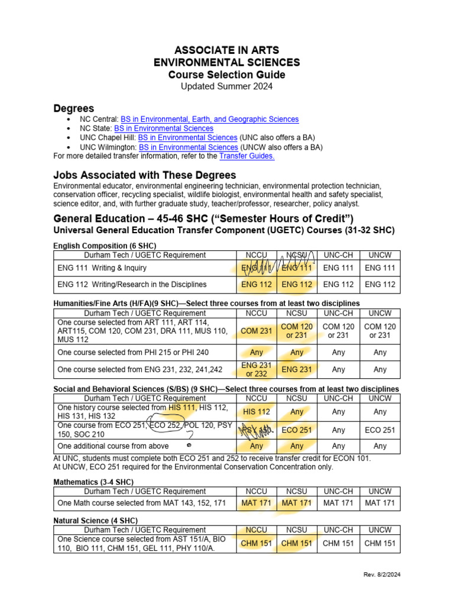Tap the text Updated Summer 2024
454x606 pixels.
[226, 87]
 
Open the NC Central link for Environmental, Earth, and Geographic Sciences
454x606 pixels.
[209, 119]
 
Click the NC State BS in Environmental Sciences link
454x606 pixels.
[164, 128]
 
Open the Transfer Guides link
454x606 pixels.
[247, 156]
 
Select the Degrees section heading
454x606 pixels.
[74, 108]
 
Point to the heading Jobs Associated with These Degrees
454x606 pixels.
[144, 175]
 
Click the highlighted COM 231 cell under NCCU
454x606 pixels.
[257, 331]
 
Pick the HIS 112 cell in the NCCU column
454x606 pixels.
[257, 411]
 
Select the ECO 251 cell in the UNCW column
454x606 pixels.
[380, 430]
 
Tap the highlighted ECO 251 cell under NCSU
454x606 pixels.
[297, 430]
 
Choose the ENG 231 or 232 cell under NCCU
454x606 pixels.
[257, 369]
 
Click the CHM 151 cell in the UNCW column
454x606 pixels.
[380, 543]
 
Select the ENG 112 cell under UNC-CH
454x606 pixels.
[339, 285]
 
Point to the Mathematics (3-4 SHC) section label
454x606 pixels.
[93, 482]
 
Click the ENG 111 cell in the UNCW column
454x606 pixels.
[380, 268]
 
